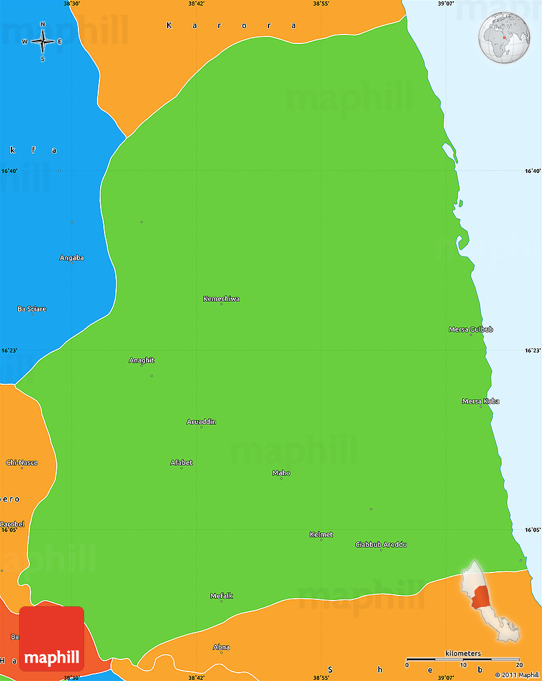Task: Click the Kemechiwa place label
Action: pos(221,299)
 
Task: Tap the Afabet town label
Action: pos(181,463)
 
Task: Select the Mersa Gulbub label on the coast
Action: pos(471,329)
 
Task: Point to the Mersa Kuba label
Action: pos(481,401)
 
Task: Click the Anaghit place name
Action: pos(142,361)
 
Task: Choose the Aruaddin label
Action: pos(201,422)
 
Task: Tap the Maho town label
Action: pos(281,473)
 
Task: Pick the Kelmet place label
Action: pos(321,535)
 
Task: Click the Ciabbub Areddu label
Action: pos(381,545)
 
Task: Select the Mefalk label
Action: pos(221,596)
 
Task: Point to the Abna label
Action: pos(221,647)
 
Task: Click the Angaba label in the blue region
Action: pos(71,258)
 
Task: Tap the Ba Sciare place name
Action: pos(31,309)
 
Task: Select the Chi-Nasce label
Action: pos(22,462)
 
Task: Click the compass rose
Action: pos(43,42)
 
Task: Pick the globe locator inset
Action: pos(504,38)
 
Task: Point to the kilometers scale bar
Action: pos(463,659)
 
